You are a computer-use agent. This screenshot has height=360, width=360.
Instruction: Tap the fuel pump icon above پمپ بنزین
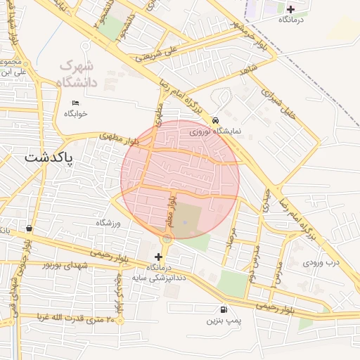click(224, 309)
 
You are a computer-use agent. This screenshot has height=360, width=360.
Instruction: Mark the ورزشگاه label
click(109, 223)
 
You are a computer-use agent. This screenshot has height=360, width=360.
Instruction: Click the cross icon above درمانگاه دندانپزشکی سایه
click(158, 257)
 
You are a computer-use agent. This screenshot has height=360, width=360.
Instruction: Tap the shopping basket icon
click(28, 229)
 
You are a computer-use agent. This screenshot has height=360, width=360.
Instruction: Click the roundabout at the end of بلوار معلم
click(167, 239)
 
